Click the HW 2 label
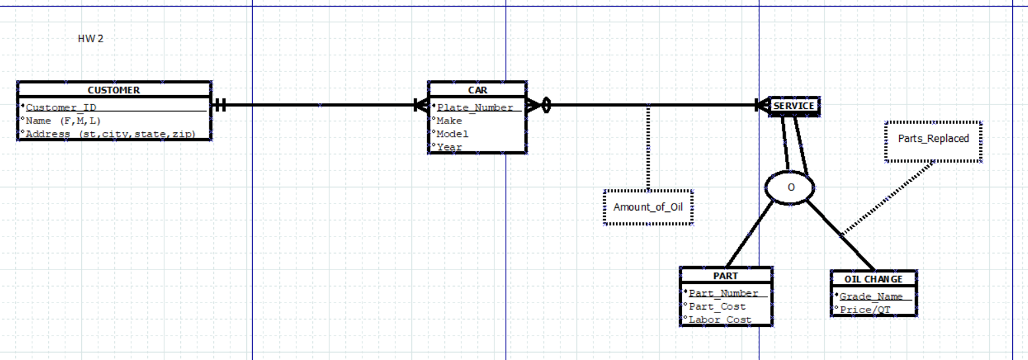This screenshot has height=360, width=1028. (90, 38)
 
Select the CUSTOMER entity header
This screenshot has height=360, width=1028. (114, 90)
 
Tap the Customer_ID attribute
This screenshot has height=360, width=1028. (63, 108)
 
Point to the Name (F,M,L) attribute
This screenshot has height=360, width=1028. (63, 121)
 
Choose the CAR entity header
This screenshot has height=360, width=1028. (477, 90)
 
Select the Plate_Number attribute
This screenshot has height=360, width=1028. (475, 108)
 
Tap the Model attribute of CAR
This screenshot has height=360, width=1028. (452, 134)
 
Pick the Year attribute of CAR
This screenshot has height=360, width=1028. (449, 147)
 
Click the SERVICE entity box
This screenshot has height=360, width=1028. (794, 106)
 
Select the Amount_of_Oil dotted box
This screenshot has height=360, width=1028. (648, 207)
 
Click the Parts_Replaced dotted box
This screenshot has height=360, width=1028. (933, 139)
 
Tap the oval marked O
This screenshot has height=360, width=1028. (790, 187)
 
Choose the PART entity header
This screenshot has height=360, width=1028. (726, 275)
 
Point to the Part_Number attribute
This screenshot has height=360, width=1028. (724, 293)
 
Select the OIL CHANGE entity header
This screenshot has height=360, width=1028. (873, 279)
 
